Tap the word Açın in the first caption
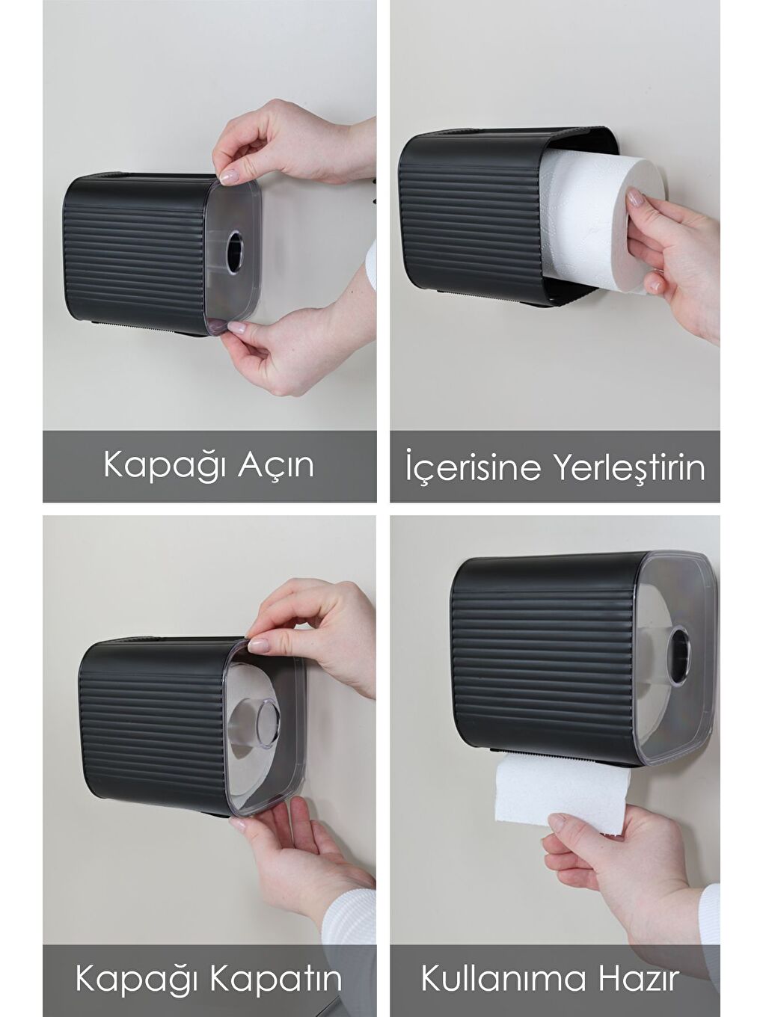[275, 466]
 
